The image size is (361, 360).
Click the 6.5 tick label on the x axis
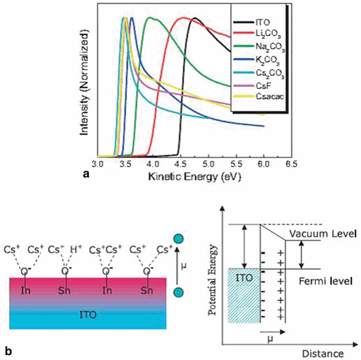click(x=289, y=165)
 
